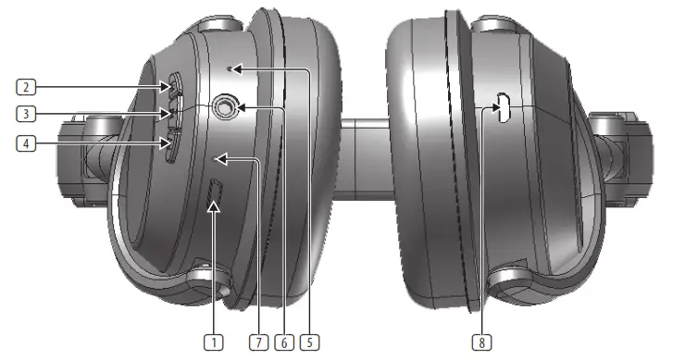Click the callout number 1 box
pyautogui.click(x=215, y=341)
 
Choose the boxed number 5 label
pyautogui.click(x=312, y=341)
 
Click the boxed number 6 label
pyautogui.click(x=285, y=341)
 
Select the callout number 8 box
pyautogui.click(x=479, y=341)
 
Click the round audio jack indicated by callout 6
pyautogui.click(x=223, y=109)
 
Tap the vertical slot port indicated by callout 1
pyautogui.click(x=215, y=194)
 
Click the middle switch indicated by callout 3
pyautogui.click(x=173, y=114)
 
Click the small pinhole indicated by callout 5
pyautogui.click(x=232, y=68)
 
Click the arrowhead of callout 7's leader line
pyautogui.click(x=218, y=159)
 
